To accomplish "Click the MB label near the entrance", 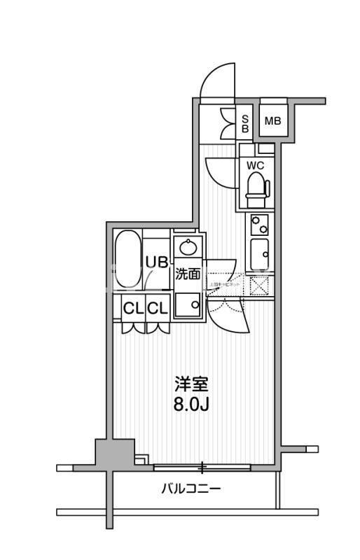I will pos(272,122).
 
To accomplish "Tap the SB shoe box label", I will pos(245,124).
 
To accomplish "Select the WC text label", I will pos(255,166).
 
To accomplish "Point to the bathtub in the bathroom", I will pos(127,260).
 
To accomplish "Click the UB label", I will pos(156,262).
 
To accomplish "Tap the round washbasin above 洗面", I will pos(188,247).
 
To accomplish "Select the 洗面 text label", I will pos(188,274).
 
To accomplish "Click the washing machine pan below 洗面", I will pos(187,305).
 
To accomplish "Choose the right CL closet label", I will pos(157,307).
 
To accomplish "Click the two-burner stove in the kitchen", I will pos(259,224).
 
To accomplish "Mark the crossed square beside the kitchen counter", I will pos(258,286).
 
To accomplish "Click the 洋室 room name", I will pos(192,384).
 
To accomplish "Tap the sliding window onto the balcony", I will pos(202,465).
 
